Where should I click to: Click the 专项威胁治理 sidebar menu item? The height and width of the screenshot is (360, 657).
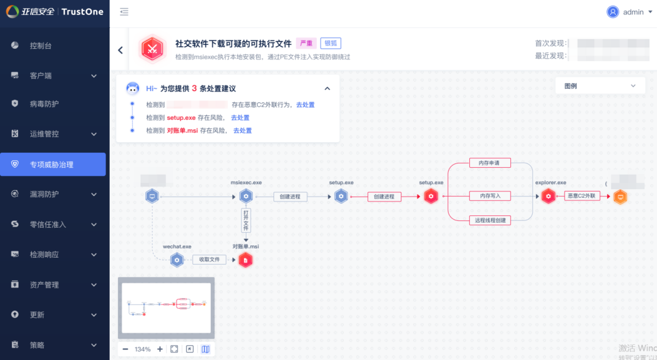click(52, 165)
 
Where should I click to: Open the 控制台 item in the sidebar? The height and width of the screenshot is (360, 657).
click(41, 46)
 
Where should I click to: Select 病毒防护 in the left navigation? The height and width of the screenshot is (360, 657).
click(44, 104)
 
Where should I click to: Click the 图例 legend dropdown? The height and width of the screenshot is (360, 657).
click(600, 86)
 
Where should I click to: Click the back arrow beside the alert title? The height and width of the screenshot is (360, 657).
click(120, 50)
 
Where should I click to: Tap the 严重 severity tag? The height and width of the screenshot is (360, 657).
click(306, 44)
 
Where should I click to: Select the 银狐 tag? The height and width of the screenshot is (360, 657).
click(331, 44)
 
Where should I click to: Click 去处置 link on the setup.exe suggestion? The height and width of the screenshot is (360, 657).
click(240, 118)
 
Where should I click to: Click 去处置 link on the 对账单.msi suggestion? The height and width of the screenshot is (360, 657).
click(242, 130)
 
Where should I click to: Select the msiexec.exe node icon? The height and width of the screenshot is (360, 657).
click(246, 197)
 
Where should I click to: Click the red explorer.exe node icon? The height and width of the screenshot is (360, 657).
click(548, 197)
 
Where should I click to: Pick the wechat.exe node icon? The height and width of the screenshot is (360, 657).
click(177, 260)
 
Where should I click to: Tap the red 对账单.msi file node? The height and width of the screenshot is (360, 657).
click(246, 260)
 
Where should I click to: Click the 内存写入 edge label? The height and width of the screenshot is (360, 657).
click(490, 196)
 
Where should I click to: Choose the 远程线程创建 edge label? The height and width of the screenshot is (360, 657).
click(490, 220)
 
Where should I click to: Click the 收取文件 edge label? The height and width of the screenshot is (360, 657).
click(209, 260)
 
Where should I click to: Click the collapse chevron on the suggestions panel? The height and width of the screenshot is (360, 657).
click(328, 89)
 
